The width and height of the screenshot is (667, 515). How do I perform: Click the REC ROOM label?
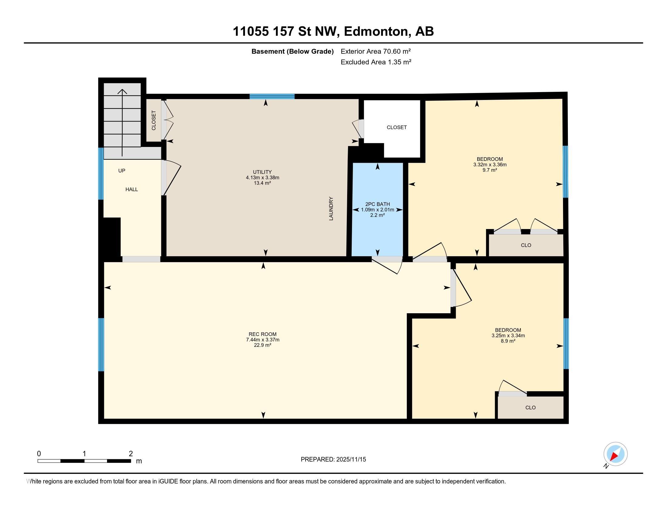click(262, 334)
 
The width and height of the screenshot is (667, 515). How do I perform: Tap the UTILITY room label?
click(262, 172)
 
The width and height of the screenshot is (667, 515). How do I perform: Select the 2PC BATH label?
click(377, 204)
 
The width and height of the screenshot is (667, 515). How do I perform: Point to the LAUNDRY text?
click(331, 208)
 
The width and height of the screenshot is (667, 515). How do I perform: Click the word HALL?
click(132, 189)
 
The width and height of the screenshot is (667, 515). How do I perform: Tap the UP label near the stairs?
click(122, 171)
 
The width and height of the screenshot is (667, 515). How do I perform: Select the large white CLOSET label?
click(397, 127)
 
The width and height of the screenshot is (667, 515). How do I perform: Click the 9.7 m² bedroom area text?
click(490, 170)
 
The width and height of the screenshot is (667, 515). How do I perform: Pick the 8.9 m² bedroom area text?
click(508, 341)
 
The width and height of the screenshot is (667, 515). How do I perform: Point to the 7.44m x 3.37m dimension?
click(263, 340)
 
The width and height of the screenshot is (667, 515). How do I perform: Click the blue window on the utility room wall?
click(272, 96)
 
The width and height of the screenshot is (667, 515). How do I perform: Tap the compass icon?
click(615, 454)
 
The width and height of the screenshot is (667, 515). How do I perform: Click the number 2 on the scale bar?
click(131, 454)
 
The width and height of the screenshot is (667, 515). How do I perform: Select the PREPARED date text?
click(333, 460)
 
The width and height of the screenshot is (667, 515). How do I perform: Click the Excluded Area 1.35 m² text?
click(376, 62)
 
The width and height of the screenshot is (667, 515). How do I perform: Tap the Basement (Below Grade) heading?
click(292, 51)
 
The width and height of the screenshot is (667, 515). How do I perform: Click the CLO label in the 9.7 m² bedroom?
click(526, 245)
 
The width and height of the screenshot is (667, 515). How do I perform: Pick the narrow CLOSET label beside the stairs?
click(154, 120)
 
